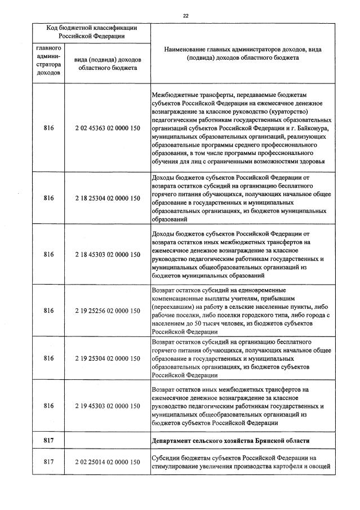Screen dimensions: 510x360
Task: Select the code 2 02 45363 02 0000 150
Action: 107,128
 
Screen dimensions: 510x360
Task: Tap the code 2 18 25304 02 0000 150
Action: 107,198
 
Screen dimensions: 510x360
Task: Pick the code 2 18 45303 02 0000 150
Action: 107,254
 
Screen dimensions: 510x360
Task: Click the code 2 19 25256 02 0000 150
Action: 107,311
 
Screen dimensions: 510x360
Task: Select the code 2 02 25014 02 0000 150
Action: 107,462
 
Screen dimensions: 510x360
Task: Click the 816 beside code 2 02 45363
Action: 48,128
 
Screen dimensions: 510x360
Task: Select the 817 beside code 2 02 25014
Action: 48,462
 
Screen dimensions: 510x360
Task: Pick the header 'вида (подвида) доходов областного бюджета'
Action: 107,64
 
